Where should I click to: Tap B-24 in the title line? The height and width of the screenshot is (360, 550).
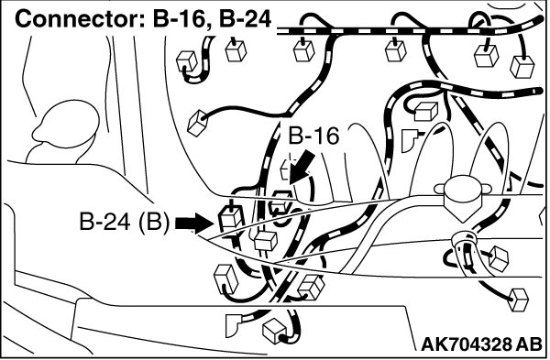coord(245,19)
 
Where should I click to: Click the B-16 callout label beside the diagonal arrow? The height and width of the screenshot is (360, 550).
coord(313,136)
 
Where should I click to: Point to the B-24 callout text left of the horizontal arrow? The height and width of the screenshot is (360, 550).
coord(104,222)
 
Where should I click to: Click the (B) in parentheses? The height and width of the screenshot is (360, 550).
coord(154,222)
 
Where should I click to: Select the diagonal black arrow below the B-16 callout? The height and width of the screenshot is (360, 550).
coord(302,166)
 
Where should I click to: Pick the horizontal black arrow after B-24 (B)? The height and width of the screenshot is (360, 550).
coord(193,224)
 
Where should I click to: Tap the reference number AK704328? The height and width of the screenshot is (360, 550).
coord(467,345)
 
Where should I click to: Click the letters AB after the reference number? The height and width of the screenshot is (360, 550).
coord(529,345)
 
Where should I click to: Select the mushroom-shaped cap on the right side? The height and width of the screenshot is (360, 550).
coord(462,197)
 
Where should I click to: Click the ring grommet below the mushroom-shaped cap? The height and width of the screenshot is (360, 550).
coord(463,241)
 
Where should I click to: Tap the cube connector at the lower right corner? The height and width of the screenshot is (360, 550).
coord(518,300)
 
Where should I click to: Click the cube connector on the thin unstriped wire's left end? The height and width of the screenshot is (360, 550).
coord(197,123)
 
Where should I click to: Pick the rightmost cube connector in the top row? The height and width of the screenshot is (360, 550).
coord(522,66)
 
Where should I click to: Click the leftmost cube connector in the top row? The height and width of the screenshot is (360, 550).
coord(187,61)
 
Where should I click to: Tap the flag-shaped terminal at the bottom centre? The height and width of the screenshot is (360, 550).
coord(233,325)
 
